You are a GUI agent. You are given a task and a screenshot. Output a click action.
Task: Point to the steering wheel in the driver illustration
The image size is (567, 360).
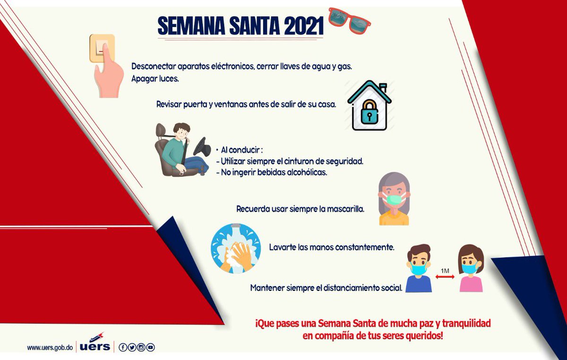coord(201,148)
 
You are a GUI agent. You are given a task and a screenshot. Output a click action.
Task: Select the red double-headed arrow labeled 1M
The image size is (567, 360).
coord(445,277)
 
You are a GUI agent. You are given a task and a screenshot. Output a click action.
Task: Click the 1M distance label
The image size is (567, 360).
coord(445,271)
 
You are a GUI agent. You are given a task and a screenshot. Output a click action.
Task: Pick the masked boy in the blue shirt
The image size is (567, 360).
coord(419,268)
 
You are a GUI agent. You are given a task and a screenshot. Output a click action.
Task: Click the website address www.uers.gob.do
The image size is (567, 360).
coord(50,348)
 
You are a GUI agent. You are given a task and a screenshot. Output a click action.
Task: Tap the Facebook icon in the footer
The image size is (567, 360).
coord(123,348)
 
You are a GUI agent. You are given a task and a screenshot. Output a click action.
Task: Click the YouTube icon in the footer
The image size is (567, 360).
coord(150,348)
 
